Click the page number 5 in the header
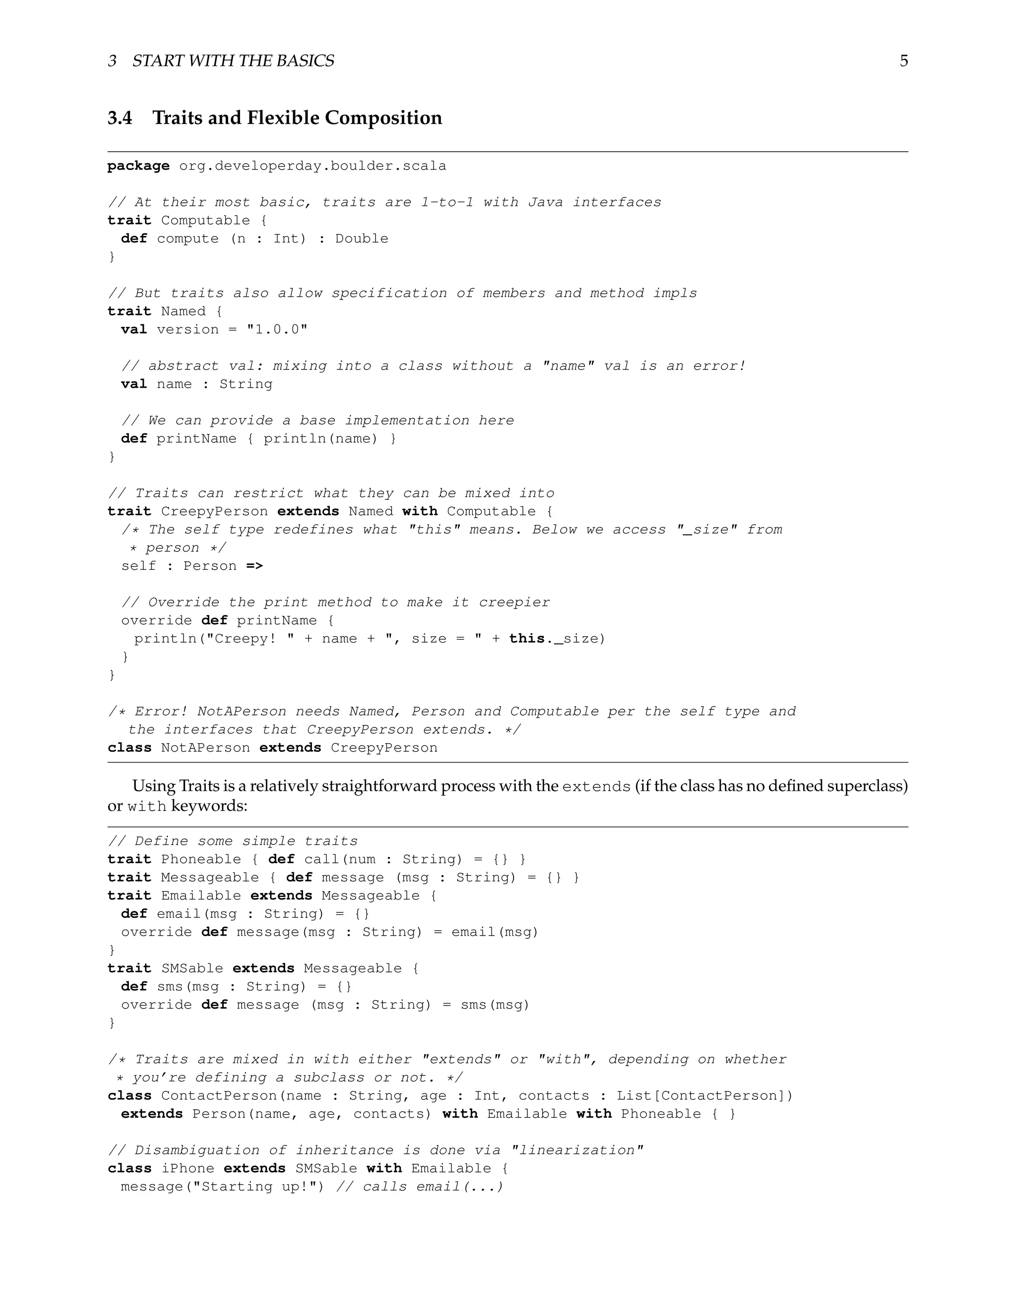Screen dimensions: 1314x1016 tap(903, 61)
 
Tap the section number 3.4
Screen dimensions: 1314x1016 tap(120, 118)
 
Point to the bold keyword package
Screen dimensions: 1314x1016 tap(138, 166)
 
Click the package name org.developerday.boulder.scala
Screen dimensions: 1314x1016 tap(313, 166)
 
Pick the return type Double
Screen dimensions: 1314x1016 tap(361, 239)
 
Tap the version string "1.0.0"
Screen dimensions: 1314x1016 tap(277, 330)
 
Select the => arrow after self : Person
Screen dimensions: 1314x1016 tap(254, 566)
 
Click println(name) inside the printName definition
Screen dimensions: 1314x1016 tap(320, 439)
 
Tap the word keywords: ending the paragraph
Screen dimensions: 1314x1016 tap(209, 806)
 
